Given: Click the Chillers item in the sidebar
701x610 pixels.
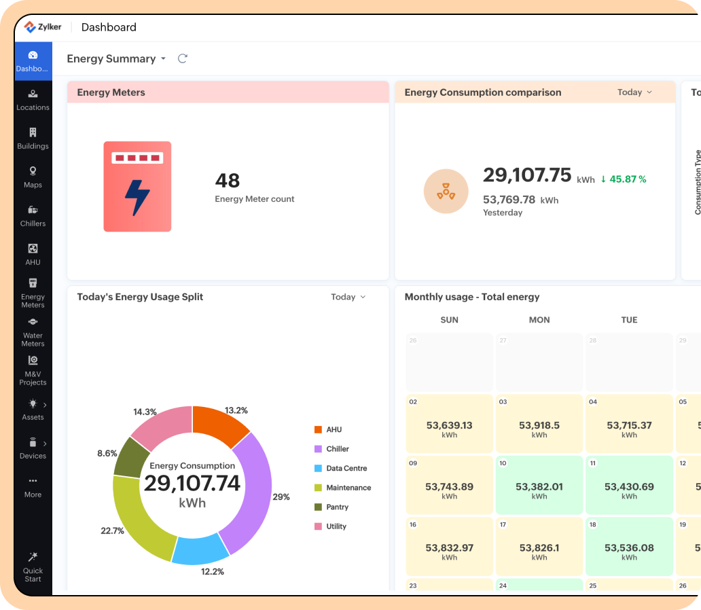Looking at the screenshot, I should (33, 215).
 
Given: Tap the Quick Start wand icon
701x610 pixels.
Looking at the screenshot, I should (33, 557).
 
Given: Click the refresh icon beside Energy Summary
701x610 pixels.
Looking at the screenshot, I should (182, 58).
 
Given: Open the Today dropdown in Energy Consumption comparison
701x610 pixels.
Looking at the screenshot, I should (634, 92).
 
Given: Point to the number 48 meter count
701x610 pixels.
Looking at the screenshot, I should (228, 181).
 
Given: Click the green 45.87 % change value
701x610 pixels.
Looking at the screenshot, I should (623, 179).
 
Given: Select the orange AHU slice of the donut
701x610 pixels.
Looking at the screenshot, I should (221, 425).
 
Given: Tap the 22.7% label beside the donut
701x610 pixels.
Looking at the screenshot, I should (112, 531).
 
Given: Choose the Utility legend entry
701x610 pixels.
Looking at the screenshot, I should (336, 526).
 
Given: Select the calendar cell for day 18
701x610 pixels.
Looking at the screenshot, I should (629, 547).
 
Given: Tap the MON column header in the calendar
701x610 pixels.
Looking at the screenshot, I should (539, 320).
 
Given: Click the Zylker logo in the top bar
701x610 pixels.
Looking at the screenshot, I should (43, 27).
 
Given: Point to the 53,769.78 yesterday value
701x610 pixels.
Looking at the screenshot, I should (509, 200).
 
